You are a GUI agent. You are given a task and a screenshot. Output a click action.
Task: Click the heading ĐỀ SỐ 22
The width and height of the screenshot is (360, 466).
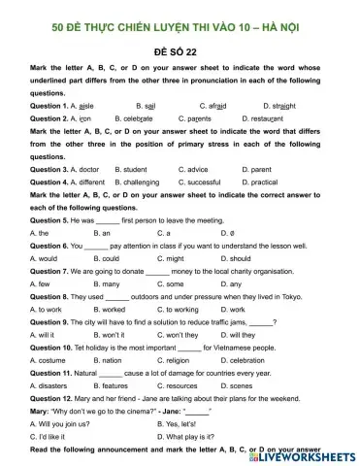tap(180, 49)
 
